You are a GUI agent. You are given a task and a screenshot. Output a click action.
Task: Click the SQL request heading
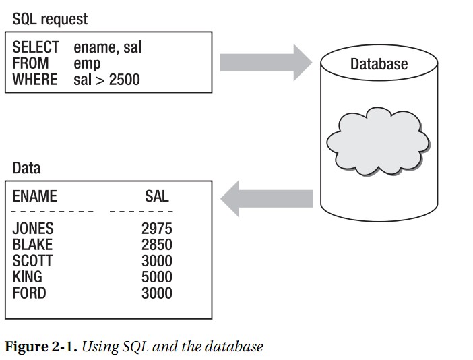50,18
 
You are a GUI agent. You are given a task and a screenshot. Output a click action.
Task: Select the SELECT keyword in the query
36,47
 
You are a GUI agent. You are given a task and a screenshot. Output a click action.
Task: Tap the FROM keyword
30,63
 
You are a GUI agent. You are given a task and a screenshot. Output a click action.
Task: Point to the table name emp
87,63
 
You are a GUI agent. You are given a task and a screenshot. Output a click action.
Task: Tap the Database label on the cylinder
379,65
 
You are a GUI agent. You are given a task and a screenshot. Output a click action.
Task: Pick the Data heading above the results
26,168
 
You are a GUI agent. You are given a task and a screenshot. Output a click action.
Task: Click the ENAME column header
34,196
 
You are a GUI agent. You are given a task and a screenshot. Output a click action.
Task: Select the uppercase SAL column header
156,196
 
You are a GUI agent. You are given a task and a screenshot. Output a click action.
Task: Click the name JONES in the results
33,229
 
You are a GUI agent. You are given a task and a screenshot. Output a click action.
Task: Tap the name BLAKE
32,245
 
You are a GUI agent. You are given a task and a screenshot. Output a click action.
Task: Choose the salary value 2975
156,229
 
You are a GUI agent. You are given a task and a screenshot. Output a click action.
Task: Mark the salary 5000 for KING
156,277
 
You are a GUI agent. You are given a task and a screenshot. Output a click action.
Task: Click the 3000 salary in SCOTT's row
156,261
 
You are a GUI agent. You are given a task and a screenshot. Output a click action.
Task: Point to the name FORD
29,293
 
